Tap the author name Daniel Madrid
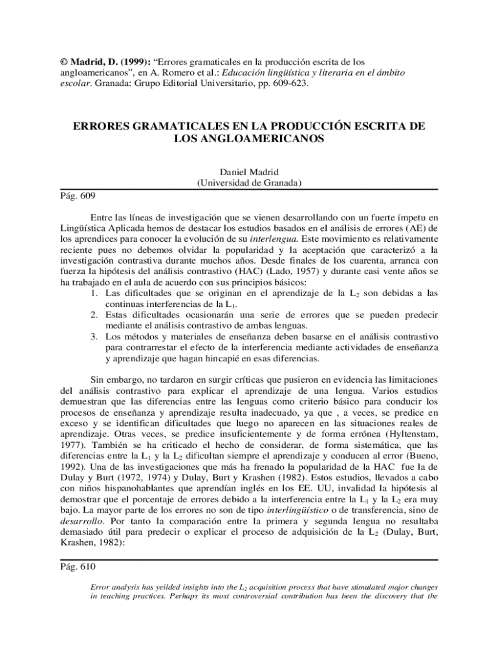pyautogui.click(x=248, y=172)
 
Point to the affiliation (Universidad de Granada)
pyautogui.click(x=249, y=183)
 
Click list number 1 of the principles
pyautogui.click(x=94, y=293)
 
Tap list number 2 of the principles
pyautogui.click(x=94, y=315)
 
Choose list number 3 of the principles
pyautogui.click(x=94, y=337)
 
